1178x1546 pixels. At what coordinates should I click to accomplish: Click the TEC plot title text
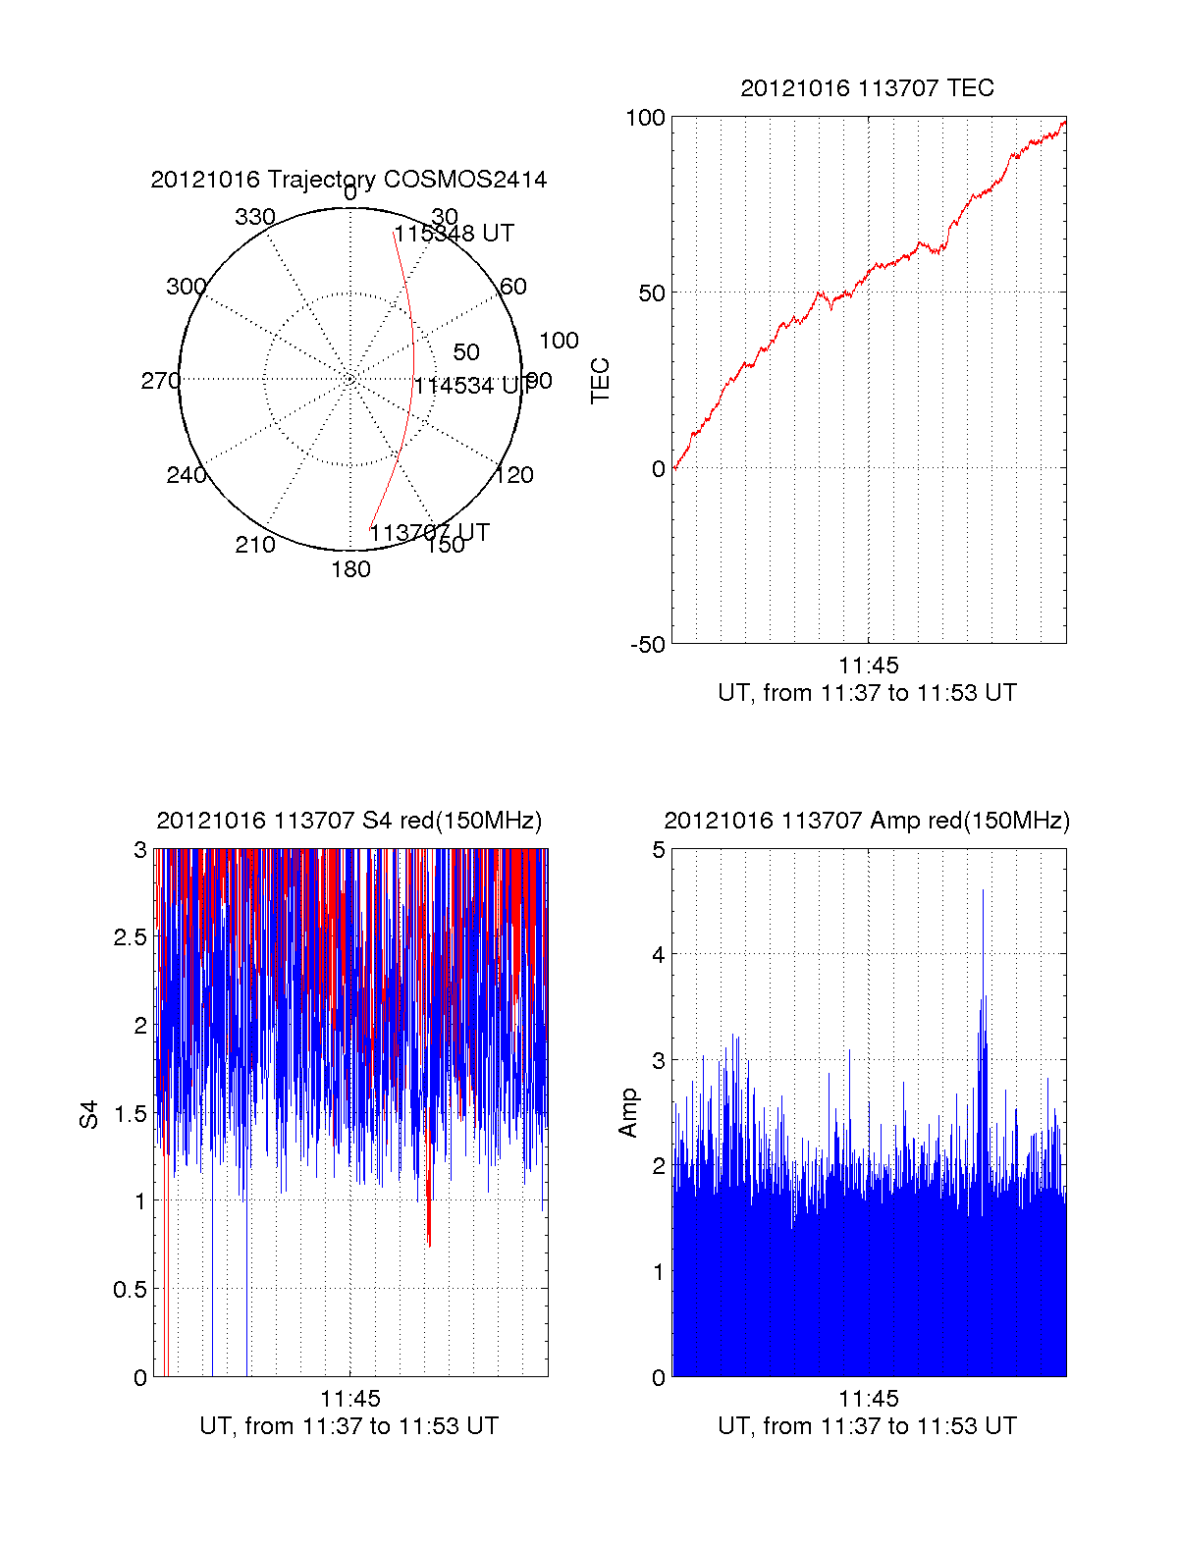click(867, 88)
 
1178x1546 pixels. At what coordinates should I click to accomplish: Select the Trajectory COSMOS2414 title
click(348, 180)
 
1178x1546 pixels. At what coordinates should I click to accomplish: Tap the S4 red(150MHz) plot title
click(348, 821)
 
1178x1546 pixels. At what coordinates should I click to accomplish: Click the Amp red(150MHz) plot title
click(867, 821)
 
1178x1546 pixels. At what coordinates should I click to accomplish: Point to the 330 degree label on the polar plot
click(254, 217)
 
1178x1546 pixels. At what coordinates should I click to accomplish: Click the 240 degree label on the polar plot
click(186, 475)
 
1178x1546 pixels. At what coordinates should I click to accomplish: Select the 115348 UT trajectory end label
click(455, 234)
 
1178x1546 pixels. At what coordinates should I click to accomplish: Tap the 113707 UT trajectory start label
click(429, 533)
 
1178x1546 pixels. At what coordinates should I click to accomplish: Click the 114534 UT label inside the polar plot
click(468, 386)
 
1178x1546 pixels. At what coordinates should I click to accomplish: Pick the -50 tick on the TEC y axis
click(647, 645)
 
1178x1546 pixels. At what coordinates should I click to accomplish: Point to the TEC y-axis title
click(600, 381)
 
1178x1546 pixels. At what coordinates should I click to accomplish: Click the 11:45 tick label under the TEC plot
click(868, 666)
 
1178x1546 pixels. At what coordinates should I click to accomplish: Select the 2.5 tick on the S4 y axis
click(131, 937)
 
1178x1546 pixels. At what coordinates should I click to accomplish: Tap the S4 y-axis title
click(89, 1114)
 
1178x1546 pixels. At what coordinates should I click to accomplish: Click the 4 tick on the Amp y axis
click(659, 954)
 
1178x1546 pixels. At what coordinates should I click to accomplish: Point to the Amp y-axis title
click(627, 1112)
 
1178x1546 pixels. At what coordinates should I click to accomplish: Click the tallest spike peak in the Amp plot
click(983, 891)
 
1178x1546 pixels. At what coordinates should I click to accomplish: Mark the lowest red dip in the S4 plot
click(429, 1244)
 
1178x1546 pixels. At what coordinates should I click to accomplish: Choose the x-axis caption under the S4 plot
click(348, 1426)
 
